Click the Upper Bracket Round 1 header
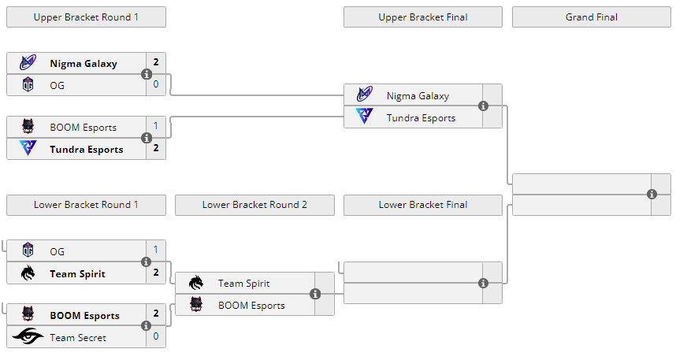point(86,17)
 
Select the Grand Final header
point(591,17)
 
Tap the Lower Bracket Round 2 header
point(254,205)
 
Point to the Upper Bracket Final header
point(422,17)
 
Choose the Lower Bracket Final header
point(422,205)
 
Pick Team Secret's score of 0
point(156,337)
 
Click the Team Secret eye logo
point(28,337)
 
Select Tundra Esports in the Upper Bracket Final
point(421,117)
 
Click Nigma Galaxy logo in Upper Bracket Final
point(365,95)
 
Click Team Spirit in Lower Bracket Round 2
point(243,284)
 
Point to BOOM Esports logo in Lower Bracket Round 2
point(196,305)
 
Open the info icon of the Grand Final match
point(652,194)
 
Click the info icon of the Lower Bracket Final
point(483,283)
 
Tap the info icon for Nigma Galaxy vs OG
point(146,74)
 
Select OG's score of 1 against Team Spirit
point(156,251)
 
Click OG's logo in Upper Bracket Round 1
point(28,84)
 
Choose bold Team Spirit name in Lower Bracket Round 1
point(77,273)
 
